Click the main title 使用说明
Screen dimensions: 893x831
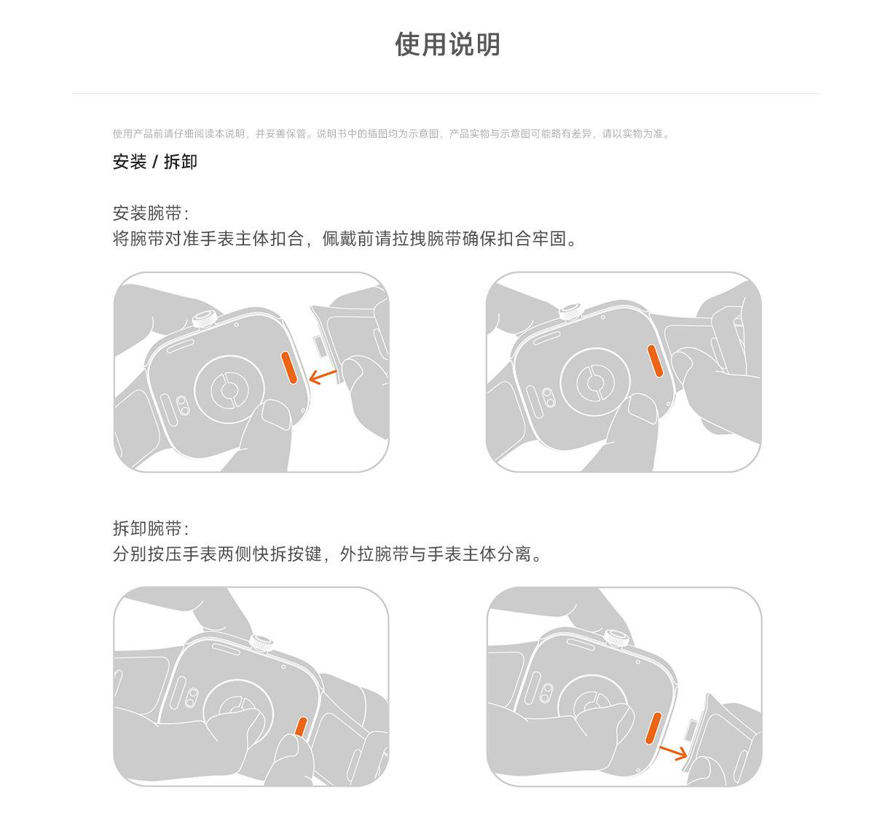(447, 44)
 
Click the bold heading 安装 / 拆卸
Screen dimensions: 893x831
(154, 162)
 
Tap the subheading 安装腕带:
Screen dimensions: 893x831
(151, 213)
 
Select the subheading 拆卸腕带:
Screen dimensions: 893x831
(151, 528)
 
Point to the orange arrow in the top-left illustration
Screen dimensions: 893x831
(323, 377)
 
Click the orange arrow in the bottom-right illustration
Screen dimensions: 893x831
(673, 752)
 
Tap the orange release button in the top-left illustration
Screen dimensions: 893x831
(288, 367)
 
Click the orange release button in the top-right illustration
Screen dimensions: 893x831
(655, 361)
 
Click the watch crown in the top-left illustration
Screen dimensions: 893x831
(205, 319)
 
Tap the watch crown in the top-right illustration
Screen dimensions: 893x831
(572, 312)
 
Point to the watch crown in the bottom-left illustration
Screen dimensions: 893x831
(261, 643)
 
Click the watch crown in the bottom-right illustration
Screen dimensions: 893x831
(616, 639)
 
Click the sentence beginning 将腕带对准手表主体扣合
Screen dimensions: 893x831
(345, 238)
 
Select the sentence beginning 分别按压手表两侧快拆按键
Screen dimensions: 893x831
(328, 554)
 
